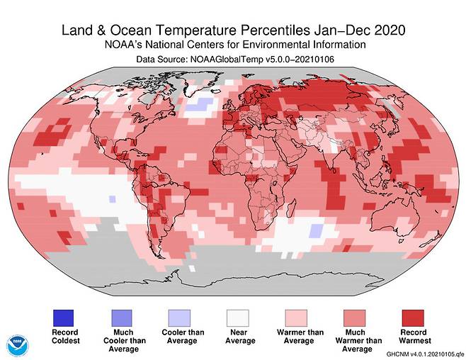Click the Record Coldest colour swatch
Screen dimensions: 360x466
(x=64, y=316)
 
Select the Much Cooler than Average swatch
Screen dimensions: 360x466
(x=123, y=316)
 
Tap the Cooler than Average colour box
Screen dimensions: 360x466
(x=181, y=316)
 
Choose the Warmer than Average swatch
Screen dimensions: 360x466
(x=297, y=316)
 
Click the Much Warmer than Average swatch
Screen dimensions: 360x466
(x=356, y=316)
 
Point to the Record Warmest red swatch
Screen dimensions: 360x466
(x=414, y=316)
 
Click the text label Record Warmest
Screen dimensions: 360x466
(x=414, y=336)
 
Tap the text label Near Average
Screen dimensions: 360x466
(x=239, y=336)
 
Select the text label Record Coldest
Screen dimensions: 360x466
(x=64, y=336)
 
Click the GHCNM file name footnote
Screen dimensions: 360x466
(x=424, y=354)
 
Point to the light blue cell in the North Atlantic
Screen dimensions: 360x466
(x=203, y=104)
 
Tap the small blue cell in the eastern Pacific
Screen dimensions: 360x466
(x=111, y=200)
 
